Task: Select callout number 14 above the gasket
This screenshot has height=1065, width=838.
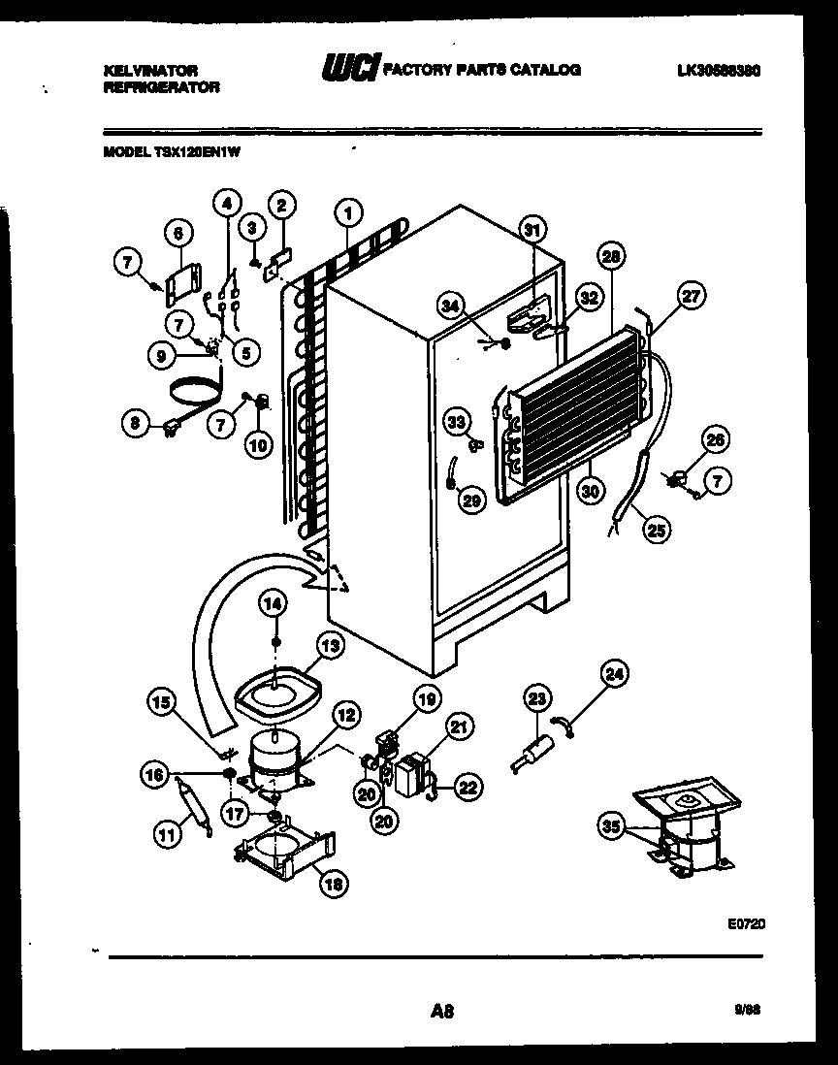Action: click(275, 603)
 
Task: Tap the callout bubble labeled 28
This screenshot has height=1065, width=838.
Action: click(610, 256)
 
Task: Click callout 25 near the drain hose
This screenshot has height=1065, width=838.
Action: click(657, 530)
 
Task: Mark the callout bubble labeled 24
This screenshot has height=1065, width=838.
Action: click(614, 672)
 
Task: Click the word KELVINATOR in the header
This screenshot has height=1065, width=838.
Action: click(150, 70)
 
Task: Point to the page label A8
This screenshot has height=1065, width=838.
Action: click(441, 1012)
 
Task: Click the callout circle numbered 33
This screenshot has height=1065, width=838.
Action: click(456, 421)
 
